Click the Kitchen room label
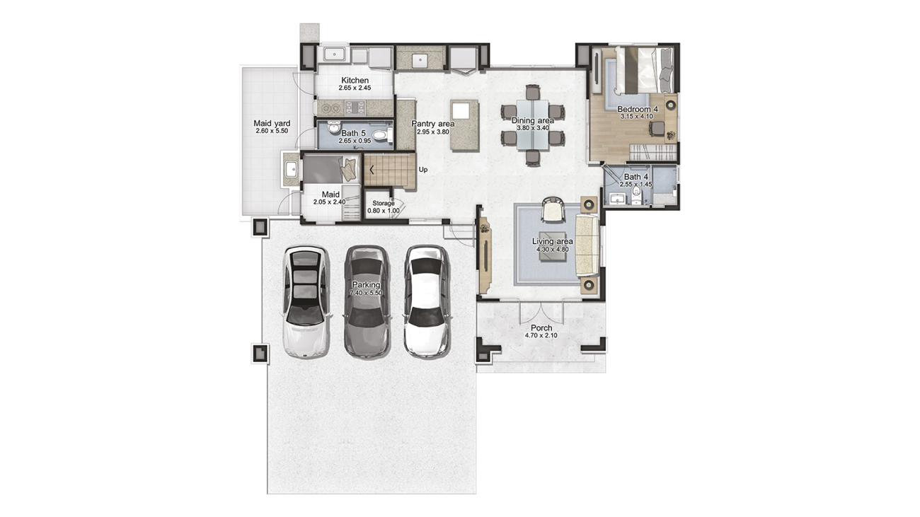coord(355,80)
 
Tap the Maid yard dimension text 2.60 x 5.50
coord(272,131)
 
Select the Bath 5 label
coord(353,133)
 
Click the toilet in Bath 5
coord(382,134)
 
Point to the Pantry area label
coord(433,124)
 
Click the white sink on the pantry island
coord(461,110)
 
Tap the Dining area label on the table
coord(533,120)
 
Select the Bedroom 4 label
coord(638,109)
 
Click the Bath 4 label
coord(636,176)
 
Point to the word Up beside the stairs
coord(423,170)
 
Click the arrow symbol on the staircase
coord(372,169)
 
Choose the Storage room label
coord(383,203)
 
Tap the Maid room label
coord(330,194)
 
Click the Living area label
coord(553,241)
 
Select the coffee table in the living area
coord(553,249)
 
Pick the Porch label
coord(541,328)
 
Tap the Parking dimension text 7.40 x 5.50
coord(366,293)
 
